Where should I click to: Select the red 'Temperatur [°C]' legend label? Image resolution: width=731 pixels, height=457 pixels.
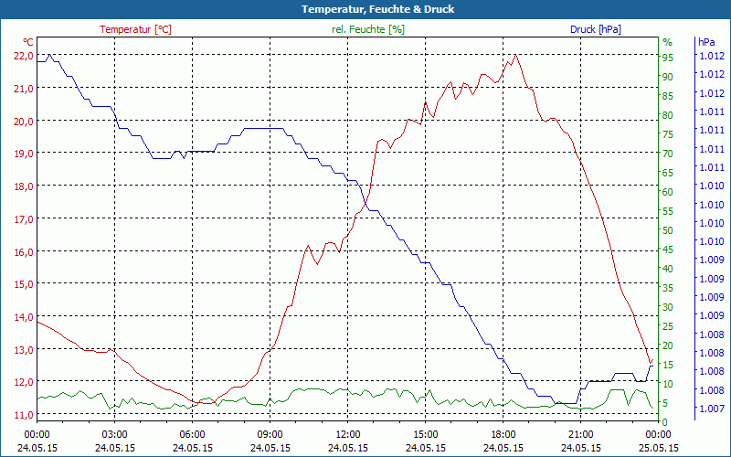pos(135,29)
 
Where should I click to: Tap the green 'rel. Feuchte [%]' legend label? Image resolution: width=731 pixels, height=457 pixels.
pos(368,29)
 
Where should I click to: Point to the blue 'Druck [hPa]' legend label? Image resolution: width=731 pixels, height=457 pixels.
pos(595,29)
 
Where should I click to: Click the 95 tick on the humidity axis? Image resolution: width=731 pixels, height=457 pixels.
pos(668,58)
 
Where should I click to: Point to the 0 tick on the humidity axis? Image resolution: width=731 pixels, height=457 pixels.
pos(665,421)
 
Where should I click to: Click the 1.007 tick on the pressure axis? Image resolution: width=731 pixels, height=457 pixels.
pos(711,408)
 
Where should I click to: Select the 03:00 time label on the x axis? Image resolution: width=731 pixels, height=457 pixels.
pos(114,434)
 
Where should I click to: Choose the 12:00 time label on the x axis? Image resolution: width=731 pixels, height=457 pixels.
pos(348,434)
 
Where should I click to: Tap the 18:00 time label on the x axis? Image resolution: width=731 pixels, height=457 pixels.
pos(503,434)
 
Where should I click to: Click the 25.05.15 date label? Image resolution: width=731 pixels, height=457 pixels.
pos(658,448)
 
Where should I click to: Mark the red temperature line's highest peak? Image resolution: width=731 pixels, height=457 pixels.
pos(517,55)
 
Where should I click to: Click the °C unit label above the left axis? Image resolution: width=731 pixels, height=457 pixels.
pos(28,42)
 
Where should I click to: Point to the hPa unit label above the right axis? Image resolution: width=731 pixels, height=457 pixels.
pos(706,42)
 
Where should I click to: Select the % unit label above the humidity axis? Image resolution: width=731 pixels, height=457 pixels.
pos(667,42)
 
